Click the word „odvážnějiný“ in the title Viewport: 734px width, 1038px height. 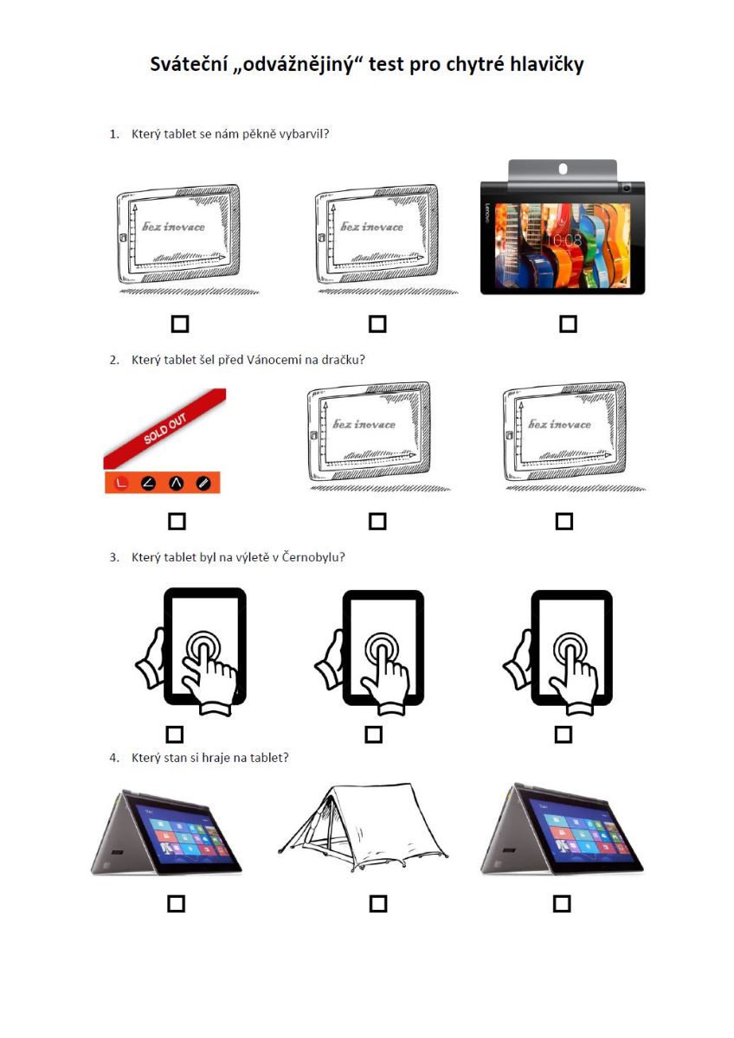pos(298,64)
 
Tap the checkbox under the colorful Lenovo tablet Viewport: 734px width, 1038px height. pos(568,324)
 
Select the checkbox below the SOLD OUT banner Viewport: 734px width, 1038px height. pos(177,522)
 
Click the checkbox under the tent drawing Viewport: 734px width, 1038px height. pos(378,904)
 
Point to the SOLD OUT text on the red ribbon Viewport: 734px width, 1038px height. pos(165,428)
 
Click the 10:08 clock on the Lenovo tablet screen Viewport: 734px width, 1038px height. pos(563,240)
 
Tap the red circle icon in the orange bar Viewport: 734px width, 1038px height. pos(121,483)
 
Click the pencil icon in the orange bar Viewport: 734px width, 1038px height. pos(203,483)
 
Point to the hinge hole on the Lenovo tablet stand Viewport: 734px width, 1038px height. pos(563,170)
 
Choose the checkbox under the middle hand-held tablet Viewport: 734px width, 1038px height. pos(374,734)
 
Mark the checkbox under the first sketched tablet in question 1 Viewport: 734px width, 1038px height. pos(180,324)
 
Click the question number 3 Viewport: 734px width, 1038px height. pos(114,557)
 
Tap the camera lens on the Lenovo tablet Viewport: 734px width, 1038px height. pos(627,188)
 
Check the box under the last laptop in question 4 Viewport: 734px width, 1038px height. pos(562,904)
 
